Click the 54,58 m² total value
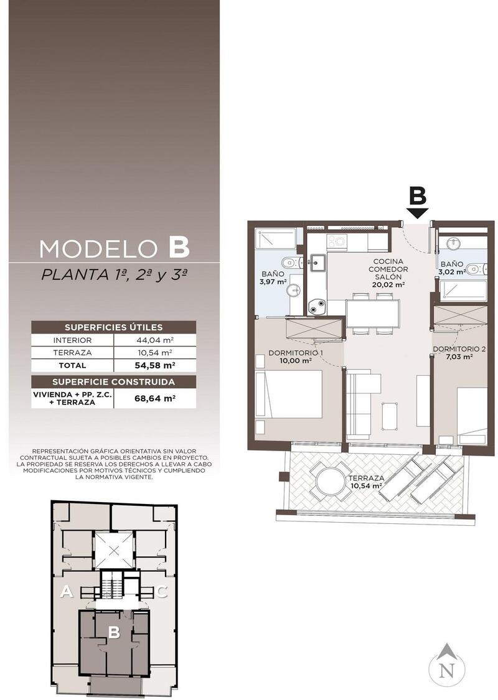coord(154,365)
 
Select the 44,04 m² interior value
coord(154,340)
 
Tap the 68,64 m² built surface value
coord(154,398)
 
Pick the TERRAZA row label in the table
coord(72,353)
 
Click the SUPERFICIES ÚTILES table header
coord(113,327)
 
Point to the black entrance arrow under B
coord(418,213)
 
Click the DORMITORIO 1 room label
coord(296,353)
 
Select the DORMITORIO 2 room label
coord(459,349)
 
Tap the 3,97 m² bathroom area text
coord(273,282)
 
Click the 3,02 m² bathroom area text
coord(452,271)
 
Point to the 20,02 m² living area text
coord(388,284)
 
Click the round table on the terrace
coord(331,480)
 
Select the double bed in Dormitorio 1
coord(289,394)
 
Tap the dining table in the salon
coord(372,314)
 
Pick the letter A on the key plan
coord(67,592)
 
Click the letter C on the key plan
coord(162,592)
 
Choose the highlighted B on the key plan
coord(115,632)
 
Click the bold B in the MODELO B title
coord(179,248)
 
